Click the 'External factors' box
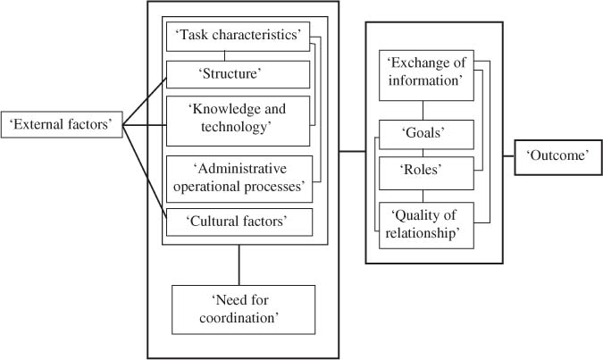tap(62, 124)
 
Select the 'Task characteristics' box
tap(239, 36)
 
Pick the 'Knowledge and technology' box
tap(239, 120)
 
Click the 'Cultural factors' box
tap(239, 221)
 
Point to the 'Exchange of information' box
tap(425, 73)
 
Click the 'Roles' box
tap(425, 172)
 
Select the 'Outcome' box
tap(557, 156)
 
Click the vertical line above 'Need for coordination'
tap(239, 264)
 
